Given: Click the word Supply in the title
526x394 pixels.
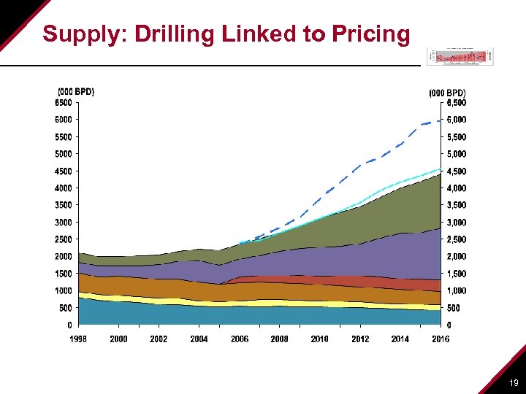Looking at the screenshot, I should (76, 34).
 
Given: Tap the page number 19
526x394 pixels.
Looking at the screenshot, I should (514, 382).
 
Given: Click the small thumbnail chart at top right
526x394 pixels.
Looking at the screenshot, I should (460, 55).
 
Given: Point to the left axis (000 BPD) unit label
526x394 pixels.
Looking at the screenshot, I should (76, 92).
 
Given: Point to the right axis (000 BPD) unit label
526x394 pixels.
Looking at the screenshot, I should (447, 93).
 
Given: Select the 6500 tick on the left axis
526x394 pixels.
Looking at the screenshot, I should (64, 103).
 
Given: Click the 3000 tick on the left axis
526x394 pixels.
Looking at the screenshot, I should (64, 222).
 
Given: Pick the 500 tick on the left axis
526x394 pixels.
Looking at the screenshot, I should (66, 308).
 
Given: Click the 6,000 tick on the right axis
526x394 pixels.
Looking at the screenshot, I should (456, 120).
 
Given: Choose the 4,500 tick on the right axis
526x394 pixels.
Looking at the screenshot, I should (456, 171).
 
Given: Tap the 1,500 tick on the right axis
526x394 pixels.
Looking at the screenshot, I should (456, 274).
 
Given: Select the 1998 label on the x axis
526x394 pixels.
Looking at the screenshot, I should (78, 339).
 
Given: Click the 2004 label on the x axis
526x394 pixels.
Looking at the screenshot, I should (199, 339).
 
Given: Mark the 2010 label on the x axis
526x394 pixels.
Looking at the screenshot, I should (319, 339).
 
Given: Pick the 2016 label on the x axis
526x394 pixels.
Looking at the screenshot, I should (440, 339).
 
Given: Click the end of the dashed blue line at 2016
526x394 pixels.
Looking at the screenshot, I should (440, 120).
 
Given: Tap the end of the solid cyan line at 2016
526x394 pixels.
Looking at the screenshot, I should (440, 169).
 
